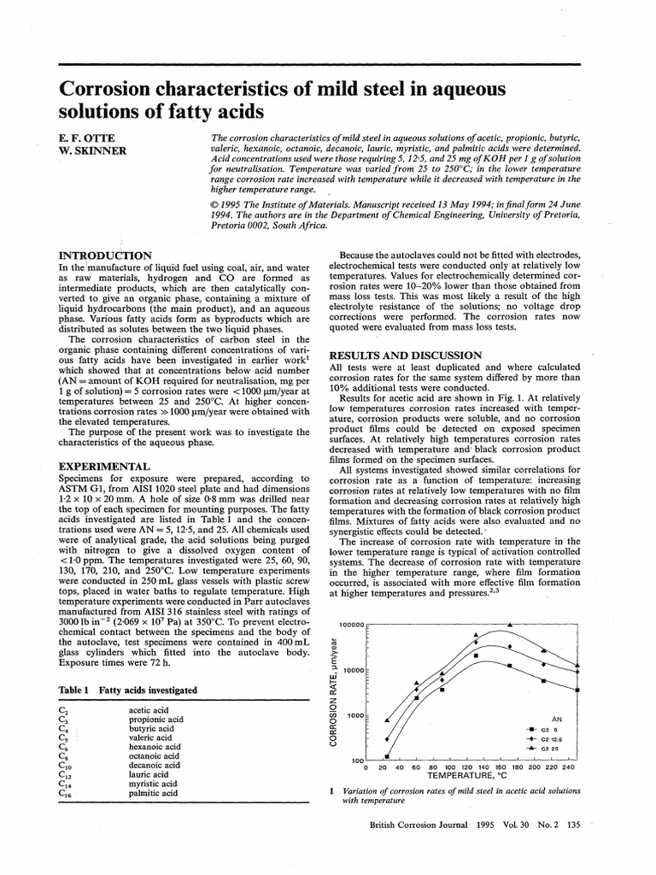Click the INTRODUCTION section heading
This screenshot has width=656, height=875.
coord(104,255)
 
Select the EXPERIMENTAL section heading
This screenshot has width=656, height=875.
coord(103,467)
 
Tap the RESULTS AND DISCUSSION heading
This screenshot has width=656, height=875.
coord(395,355)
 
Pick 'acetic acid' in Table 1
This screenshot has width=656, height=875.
coord(149,710)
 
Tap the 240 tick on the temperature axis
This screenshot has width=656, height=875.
coord(569,767)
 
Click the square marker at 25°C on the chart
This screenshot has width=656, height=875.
coord(387,756)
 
